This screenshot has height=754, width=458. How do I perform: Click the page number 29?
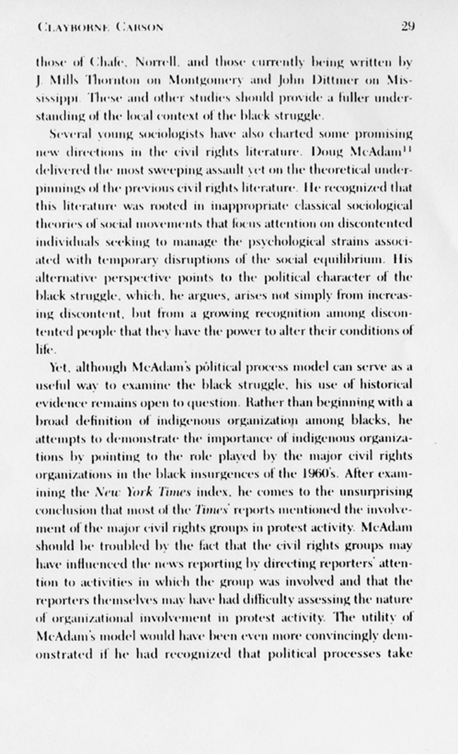click(x=408, y=27)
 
